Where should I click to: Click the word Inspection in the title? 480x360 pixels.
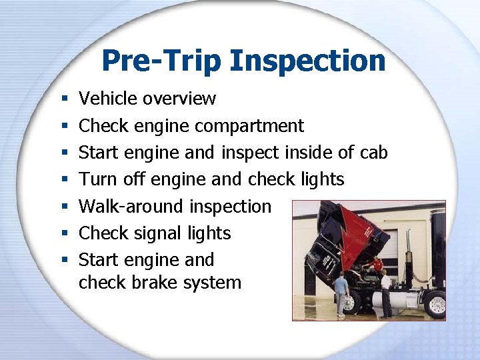pos(307,61)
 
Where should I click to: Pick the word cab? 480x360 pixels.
pos(374,153)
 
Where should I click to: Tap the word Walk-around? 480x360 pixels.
pos(132,207)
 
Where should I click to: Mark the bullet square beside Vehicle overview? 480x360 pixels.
pos(61,99)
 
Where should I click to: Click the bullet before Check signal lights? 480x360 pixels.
pos(61,234)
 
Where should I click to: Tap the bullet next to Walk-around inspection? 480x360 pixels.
pos(61,207)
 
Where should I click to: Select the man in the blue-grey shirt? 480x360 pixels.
pos(341,293)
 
